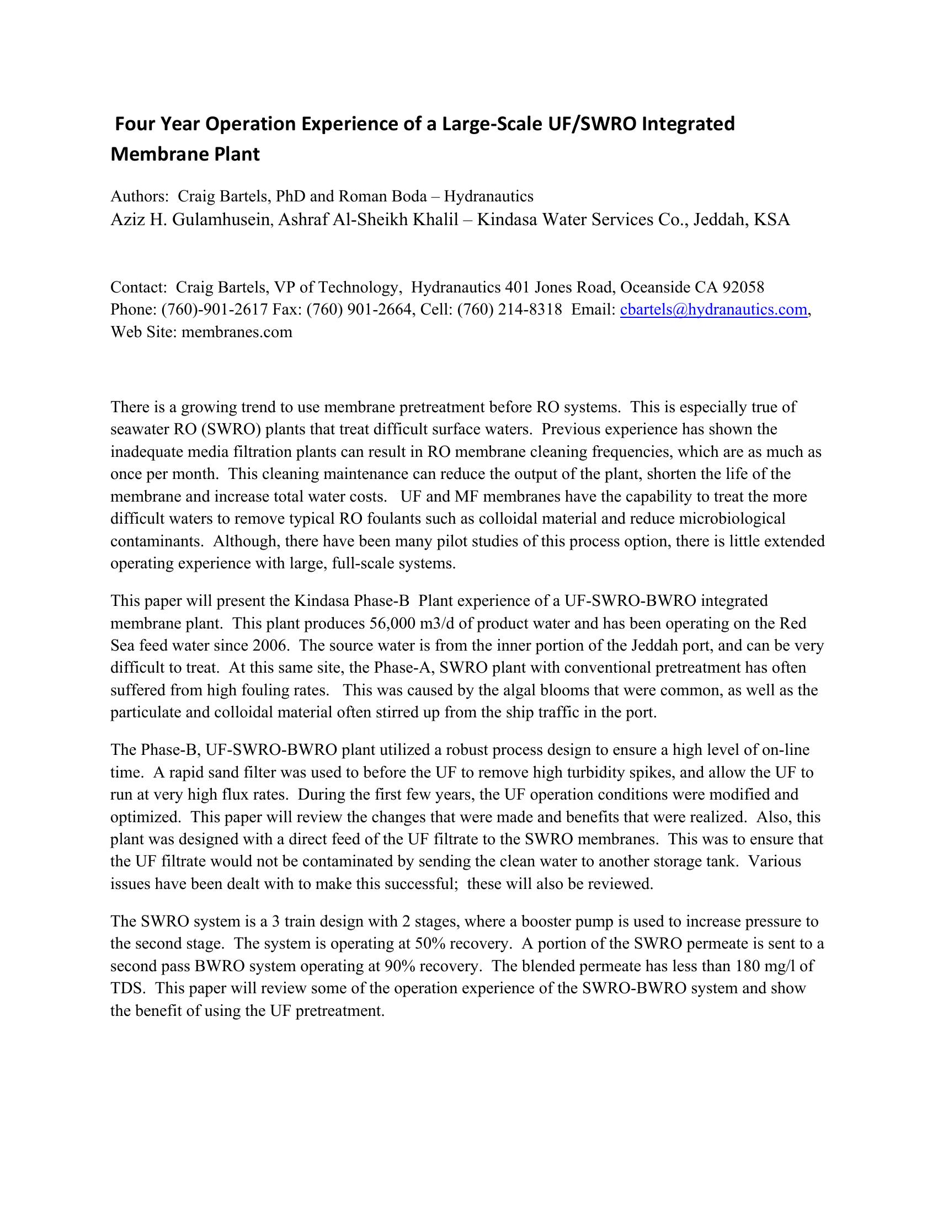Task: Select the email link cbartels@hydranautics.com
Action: [x=713, y=310]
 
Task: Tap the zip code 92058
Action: [x=743, y=287]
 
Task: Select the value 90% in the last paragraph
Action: [x=398, y=966]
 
